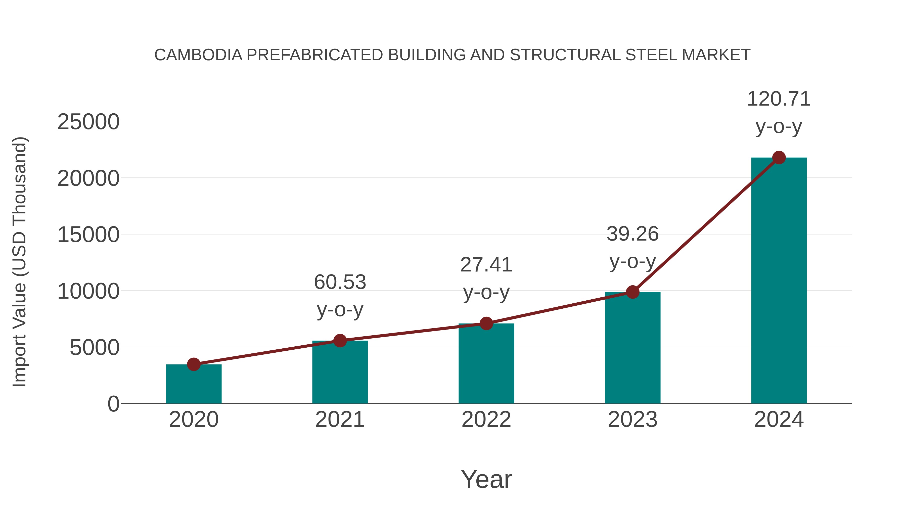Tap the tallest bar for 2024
pyautogui.click(x=779, y=281)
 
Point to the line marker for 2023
pyautogui.click(x=633, y=292)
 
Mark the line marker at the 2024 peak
pyautogui.click(x=779, y=158)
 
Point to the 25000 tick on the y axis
pyautogui.click(x=88, y=122)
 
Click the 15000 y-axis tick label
pyautogui.click(x=88, y=235)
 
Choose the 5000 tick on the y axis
pyautogui.click(x=95, y=348)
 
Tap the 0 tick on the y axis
pyautogui.click(x=113, y=404)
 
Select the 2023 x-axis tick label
pyautogui.click(x=632, y=420)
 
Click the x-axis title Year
pyautogui.click(x=486, y=479)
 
